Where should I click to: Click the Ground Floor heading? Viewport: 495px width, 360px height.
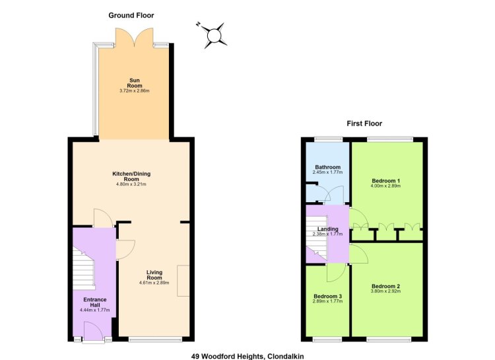[x=131, y=15]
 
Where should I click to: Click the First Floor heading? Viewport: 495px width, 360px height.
[x=364, y=124]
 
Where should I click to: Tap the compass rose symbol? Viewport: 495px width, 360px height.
[x=213, y=35]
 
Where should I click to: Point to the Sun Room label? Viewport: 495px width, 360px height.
[x=135, y=83]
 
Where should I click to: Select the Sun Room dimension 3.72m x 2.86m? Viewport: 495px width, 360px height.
[x=135, y=90]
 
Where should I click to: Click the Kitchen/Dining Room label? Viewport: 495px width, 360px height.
[x=131, y=176]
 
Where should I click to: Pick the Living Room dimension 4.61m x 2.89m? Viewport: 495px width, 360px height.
[x=154, y=283]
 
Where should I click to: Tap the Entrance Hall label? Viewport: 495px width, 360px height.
[x=95, y=302]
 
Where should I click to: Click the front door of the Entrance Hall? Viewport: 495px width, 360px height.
[x=94, y=331]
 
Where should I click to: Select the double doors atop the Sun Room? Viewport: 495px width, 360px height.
[x=135, y=37]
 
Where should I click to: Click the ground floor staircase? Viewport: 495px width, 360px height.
[x=84, y=268]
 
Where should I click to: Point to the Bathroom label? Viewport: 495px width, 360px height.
[x=327, y=167]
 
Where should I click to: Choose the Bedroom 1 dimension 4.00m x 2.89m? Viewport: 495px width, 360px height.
[x=386, y=186]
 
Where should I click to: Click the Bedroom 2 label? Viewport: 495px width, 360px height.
[x=386, y=286]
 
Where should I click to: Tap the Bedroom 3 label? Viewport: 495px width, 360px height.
[x=327, y=296]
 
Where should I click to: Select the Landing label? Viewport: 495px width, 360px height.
[x=327, y=229]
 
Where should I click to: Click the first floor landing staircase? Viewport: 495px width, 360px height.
[x=317, y=238]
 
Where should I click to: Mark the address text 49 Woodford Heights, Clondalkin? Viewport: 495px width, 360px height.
[x=247, y=356]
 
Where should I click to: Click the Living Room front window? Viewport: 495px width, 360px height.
[x=155, y=340]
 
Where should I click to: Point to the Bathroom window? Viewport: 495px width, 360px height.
[x=328, y=139]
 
